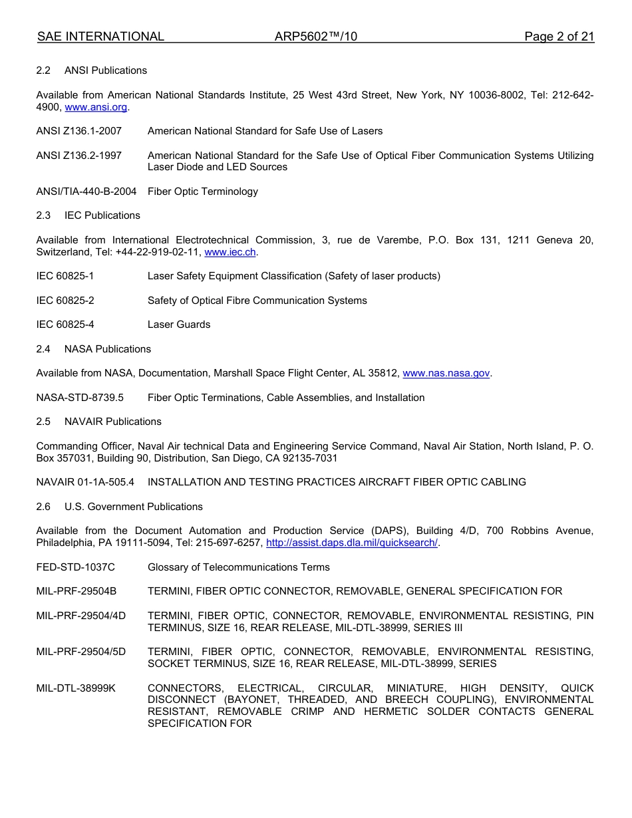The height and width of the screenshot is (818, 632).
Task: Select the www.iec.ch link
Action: (230, 252)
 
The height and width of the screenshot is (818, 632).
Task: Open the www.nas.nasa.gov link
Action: (446, 373)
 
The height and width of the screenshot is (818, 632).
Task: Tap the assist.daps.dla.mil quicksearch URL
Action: (351, 543)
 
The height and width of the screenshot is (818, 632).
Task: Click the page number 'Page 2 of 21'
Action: (559, 37)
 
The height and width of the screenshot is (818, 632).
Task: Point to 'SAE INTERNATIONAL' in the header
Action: (100, 37)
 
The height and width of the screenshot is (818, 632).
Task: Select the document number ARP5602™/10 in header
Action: (315, 37)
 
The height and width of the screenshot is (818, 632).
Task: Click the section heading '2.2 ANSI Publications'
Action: (92, 70)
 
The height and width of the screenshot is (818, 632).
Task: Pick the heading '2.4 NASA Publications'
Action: (94, 349)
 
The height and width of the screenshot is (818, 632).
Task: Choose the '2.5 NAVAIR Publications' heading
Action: (99, 422)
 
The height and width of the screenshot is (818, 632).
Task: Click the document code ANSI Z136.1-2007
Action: (79, 131)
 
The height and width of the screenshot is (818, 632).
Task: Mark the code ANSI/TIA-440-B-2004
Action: (86, 192)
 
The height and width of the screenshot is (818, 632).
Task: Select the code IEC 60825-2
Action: (65, 301)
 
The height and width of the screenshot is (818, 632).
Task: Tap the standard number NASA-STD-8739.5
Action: (80, 398)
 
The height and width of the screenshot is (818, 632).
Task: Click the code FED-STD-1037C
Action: (75, 567)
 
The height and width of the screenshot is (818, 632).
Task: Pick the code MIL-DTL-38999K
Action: (76, 688)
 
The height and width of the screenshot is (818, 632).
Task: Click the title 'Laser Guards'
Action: (179, 325)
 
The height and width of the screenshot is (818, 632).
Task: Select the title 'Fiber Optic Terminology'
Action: (202, 192)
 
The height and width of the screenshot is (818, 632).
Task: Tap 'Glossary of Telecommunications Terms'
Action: (238, 567)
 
